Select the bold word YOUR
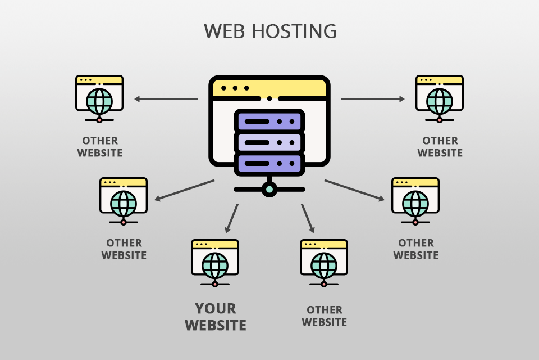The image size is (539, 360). [x=216, y=308]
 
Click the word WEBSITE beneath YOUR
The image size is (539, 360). [x=216, y=325]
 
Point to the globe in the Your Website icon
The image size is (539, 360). [x=215, y=264]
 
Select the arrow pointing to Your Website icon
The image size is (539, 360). [x=231, y=218]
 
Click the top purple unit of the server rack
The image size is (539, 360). [x=269, y=120]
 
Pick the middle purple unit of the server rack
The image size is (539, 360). [x=269, y=142]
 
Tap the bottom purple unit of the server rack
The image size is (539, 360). [x=269, y=163]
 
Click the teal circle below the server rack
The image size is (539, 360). [x=269, y=189]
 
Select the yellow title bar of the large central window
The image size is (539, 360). [x=269, y=88]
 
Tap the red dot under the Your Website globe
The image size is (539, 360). [x=215, y=284]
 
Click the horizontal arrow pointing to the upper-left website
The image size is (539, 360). [x=166, y=99]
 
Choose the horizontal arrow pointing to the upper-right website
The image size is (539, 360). [x=373, y=99]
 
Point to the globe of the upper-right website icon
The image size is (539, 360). [x=440, y=101]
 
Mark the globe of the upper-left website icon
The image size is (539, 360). [x=99, y=101]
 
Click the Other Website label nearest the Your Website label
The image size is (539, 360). [x=324, y=316]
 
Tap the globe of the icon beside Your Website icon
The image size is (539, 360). [x=324, y=264]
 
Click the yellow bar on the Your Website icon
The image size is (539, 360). [x=215, y=245]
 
